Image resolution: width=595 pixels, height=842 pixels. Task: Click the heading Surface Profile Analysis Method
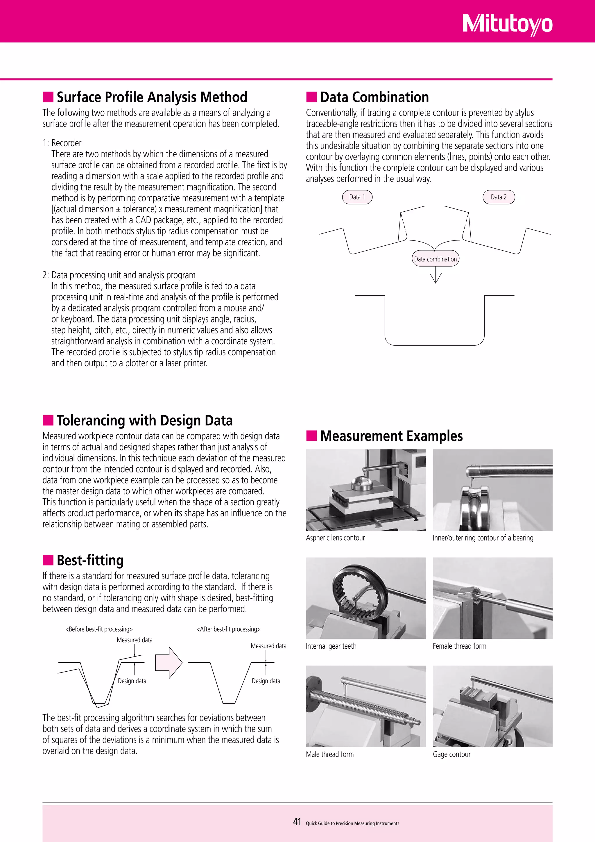click(152, 97)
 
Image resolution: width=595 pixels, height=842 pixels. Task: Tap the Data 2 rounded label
click(498, 197)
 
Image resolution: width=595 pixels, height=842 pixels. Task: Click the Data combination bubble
click(435, 259)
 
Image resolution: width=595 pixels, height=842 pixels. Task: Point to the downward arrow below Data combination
click(435, 276)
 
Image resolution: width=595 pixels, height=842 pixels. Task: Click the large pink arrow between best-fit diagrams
click(169, 662)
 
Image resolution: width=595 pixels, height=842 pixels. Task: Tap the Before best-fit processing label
click(99, 629)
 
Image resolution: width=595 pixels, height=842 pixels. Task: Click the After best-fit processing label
click(228, 629)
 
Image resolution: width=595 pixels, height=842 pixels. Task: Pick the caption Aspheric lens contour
click(335, 538)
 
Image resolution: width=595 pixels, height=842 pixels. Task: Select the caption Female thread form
click(459, 646)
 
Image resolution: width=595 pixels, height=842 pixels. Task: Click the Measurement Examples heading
click(391, 436)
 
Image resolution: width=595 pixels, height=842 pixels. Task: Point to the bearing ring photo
click(492, 490)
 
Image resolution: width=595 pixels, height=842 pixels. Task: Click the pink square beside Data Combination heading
click(311, 97)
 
